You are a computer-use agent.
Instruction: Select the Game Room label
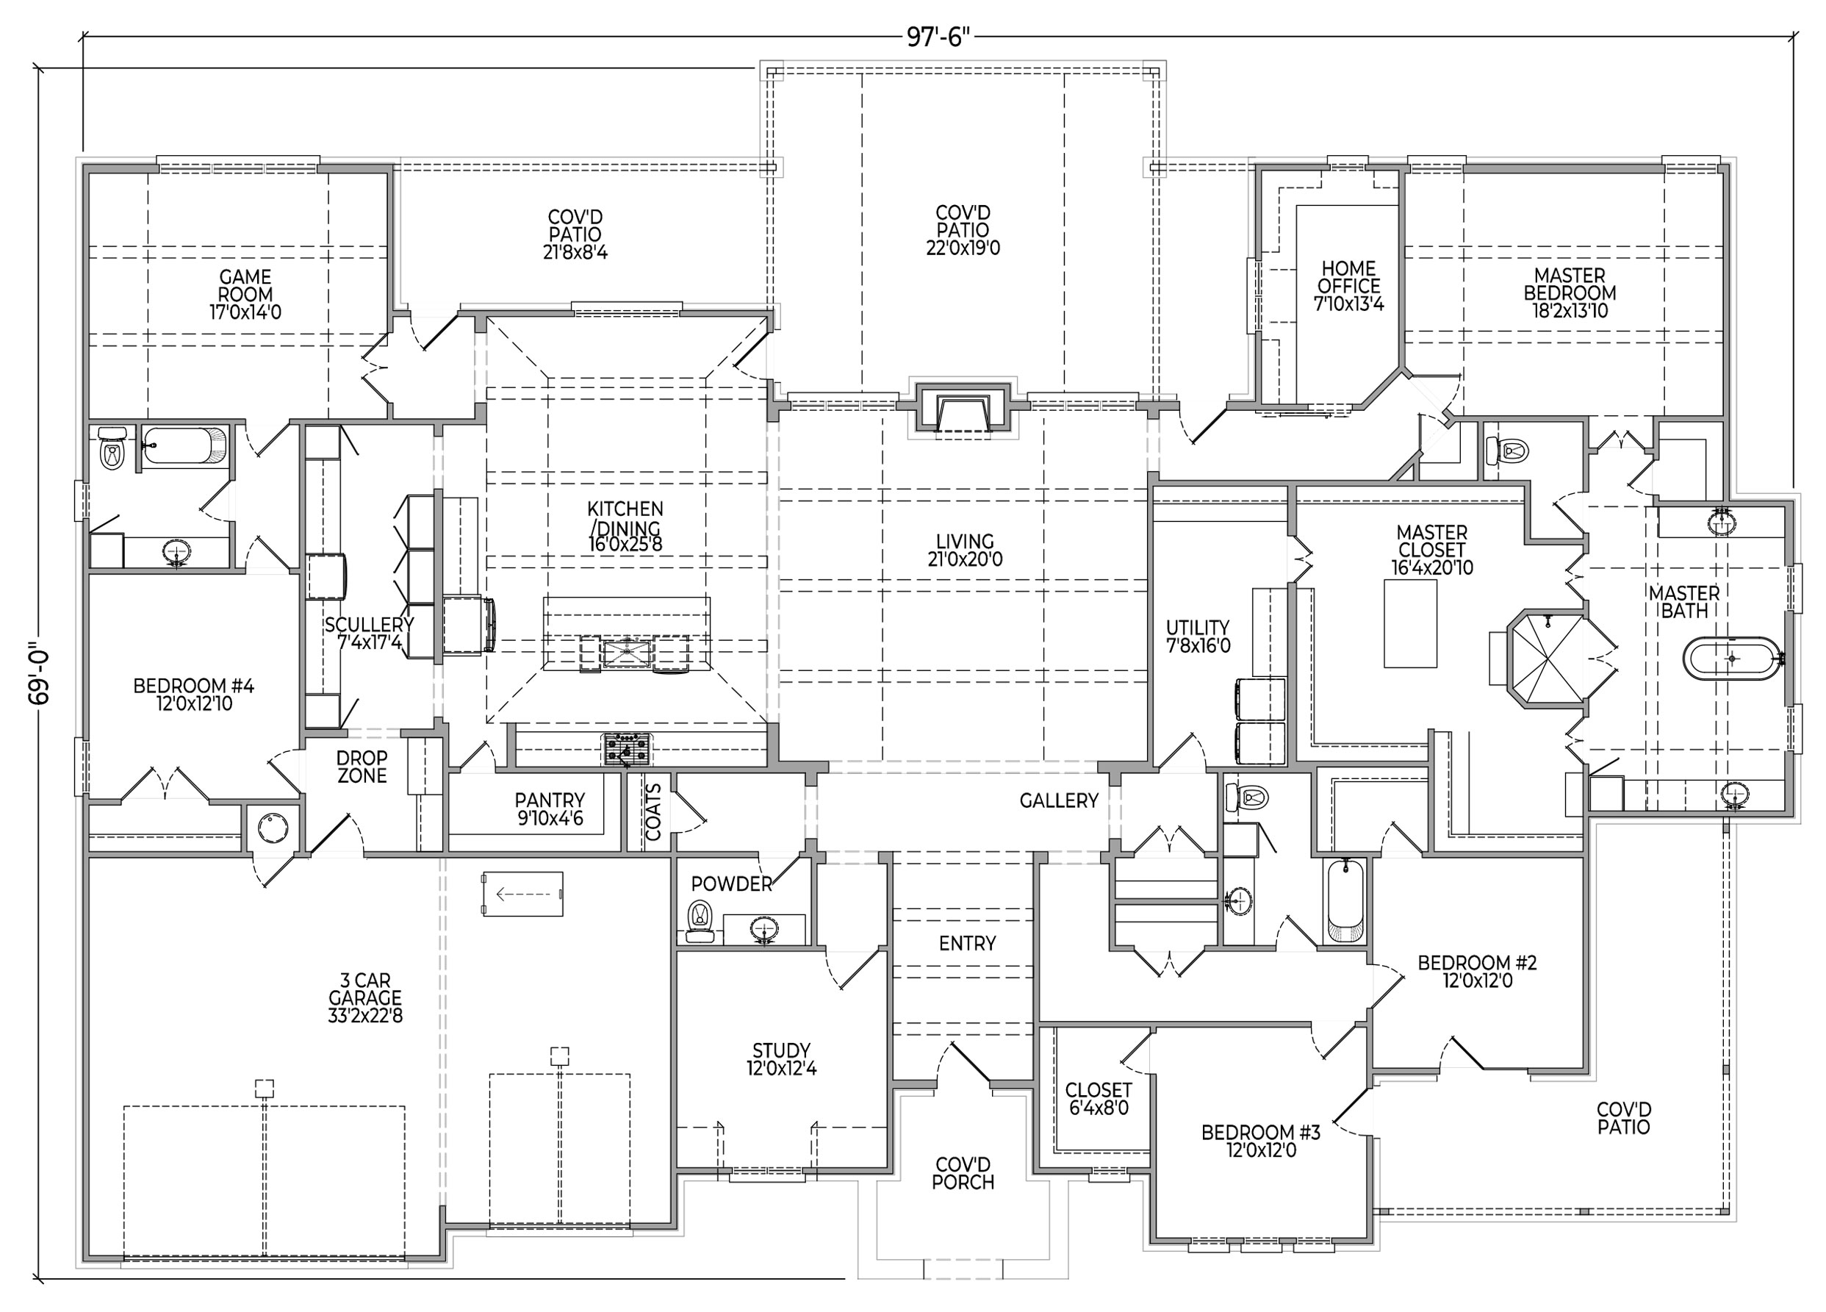coord(245,295)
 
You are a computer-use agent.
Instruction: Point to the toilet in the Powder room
coord(700,920)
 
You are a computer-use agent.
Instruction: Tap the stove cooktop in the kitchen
coord(626,749)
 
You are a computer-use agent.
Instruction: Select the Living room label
coord(965,550)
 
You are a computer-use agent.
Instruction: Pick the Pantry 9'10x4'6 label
coord(550,809)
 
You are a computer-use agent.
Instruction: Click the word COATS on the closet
coord(653,812)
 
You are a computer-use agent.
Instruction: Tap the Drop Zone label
coord(362,767)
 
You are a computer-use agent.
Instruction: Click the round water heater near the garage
coord(273,827)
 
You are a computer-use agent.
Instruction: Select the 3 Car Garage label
coord(364,998)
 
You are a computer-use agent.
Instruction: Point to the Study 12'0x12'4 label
coord(781,1059)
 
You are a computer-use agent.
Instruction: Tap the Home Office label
coord(1348,286)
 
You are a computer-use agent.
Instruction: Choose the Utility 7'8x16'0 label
coord(1198,636)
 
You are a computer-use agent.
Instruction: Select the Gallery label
coord(1059,800)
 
